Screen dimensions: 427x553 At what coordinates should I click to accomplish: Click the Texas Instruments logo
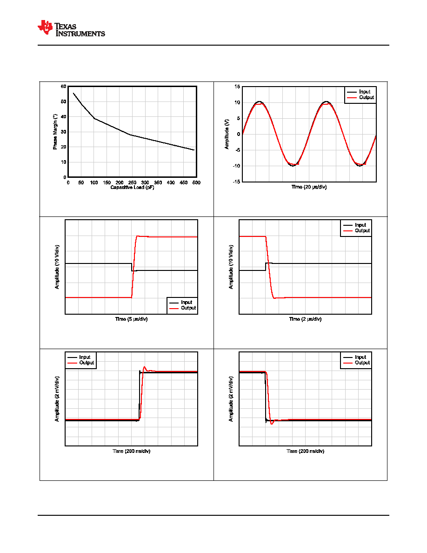(71, 28)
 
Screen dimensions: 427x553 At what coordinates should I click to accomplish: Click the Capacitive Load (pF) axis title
(132, 187)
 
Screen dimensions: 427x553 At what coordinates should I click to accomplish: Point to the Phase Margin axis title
(55, 132)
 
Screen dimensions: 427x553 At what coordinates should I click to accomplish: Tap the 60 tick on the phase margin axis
(63, 87)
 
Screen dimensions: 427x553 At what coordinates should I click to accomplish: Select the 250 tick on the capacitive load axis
(132, 182)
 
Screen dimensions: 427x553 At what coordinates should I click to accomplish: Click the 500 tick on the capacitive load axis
(196, 182)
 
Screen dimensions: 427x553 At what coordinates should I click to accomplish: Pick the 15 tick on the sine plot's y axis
(238, 87)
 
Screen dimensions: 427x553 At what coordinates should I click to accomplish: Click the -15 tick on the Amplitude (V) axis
(236, 182)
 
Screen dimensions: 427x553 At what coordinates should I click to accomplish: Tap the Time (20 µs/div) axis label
(309, 187)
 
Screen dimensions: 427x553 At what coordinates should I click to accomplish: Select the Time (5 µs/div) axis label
(132, 319)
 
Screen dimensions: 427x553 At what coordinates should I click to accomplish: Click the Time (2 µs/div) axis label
(306, 319)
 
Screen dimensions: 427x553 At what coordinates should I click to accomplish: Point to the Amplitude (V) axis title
(227, 134)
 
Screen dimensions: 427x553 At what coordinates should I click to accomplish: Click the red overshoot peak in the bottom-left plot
(145, 367)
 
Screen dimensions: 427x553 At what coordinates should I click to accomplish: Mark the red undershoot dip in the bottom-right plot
(272, 423)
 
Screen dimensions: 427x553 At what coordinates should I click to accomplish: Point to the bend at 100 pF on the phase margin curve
(94, 118)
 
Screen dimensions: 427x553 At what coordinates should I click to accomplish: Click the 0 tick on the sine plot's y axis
(239, 135)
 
